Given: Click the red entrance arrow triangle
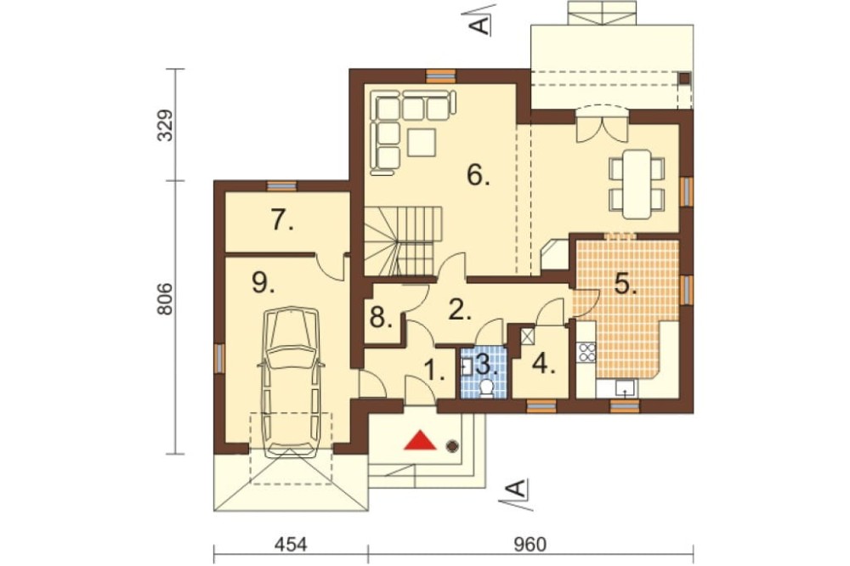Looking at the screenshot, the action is coord(420,440).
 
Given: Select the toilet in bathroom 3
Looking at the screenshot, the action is coord(487,388).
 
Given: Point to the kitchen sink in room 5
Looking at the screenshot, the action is coord(625,388).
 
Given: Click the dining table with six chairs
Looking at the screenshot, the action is coord(637,184).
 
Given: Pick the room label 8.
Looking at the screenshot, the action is coord(381,318).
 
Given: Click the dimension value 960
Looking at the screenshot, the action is coord(530,544).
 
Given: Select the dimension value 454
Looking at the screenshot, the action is coord(291,544).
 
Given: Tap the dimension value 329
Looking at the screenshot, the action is coord(166,125).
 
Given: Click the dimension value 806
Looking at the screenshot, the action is coord(166,299).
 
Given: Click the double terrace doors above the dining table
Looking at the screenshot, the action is coord(602,122).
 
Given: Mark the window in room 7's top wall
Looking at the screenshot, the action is coord(282,186).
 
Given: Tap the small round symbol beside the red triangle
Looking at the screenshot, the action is coord(451,446).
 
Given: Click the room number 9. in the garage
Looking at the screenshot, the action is coord(263,282).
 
